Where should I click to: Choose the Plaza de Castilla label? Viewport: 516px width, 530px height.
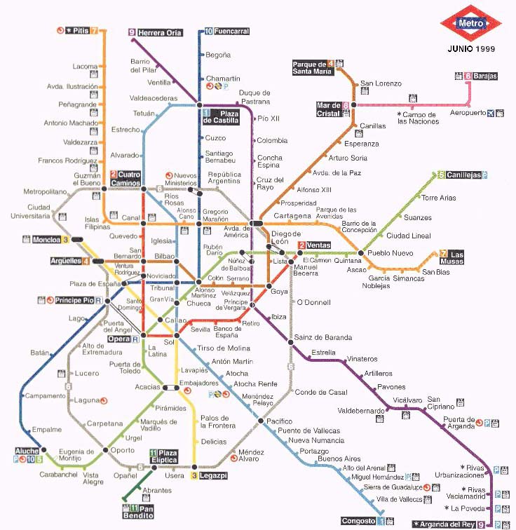(220, 117)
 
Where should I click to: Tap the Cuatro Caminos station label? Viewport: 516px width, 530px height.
(130, 177)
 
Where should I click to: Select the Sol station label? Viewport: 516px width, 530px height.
(168, 343)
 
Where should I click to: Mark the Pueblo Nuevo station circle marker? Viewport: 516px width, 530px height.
(361, 252)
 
